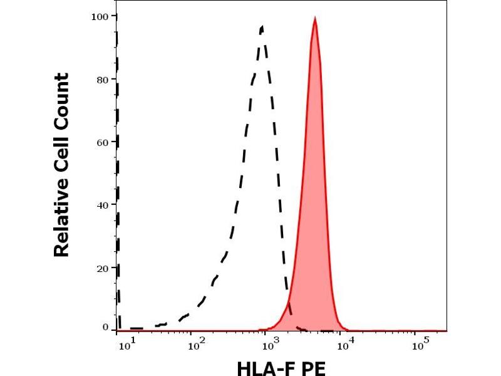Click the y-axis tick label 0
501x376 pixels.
pyautogui.click(x=106, y=327)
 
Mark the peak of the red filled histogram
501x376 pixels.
pyautogui.click(x=314, y=20)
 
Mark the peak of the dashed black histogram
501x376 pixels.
pyautogui.click(x=262, y=27)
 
